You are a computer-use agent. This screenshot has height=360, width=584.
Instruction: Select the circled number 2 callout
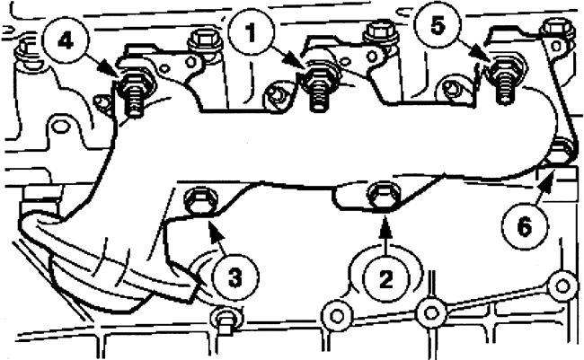pyautogui.click(x=385, y=278)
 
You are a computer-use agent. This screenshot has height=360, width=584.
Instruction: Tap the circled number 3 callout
pyautogui.click(x=235, y=277)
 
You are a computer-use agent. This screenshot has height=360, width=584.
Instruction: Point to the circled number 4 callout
pyautogui.click(x=66, y=41)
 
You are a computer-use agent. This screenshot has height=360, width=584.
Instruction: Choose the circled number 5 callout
pyautogui.click(x=438, y=26)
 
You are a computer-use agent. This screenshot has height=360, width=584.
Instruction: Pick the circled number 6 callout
pyautogui.click(x=524, y=226)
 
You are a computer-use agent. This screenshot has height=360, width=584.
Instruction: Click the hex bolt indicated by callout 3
pyautogui.click(x=199, y=201)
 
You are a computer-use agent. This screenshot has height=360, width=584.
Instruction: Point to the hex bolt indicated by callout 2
pyautogui.click(x=384, y=195)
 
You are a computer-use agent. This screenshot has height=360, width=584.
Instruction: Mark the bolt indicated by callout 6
pyautogui.click(x=561, y=151)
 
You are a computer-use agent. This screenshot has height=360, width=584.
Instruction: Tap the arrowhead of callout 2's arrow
pyautogui.click(x=385, y=225)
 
